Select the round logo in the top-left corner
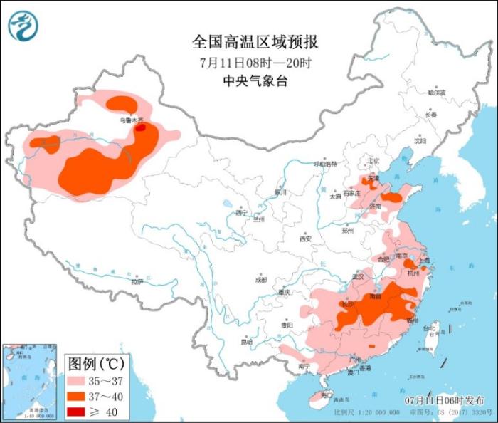[23, 26]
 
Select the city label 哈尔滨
[436, 93]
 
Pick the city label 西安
[306, 239]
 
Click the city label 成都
[261, 279]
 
